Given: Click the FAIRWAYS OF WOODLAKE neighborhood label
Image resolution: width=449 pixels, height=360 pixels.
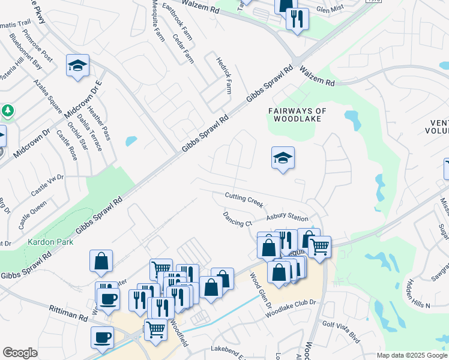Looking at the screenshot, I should pyautogui.click(x=297, y=115).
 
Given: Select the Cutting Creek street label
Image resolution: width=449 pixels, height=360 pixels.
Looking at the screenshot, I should pyautogui.click(x=244, y=200).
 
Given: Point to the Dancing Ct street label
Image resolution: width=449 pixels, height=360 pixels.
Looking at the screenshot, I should pyautogui.click(x=237, y=218).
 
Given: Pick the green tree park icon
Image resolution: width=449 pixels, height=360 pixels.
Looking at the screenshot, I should pyautogui.click(x=7, y=111).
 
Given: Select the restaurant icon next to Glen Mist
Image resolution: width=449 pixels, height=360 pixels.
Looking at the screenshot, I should pyautogui.click(x=297, y=19).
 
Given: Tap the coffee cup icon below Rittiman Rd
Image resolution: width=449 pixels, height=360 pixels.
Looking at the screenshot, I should pyautogui.click(x=101, y=337).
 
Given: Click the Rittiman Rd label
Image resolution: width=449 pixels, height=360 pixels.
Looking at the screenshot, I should pyautogui.click(x=69, y=312).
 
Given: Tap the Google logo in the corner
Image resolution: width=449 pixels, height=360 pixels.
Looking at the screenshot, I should pyautogui.click(x=20, y=353).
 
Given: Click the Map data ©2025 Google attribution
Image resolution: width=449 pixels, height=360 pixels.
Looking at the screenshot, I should pyautogui.click(x=412, y=355).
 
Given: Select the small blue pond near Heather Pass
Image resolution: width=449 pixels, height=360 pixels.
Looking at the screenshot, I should pyautogui.click(x=131, y=142).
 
